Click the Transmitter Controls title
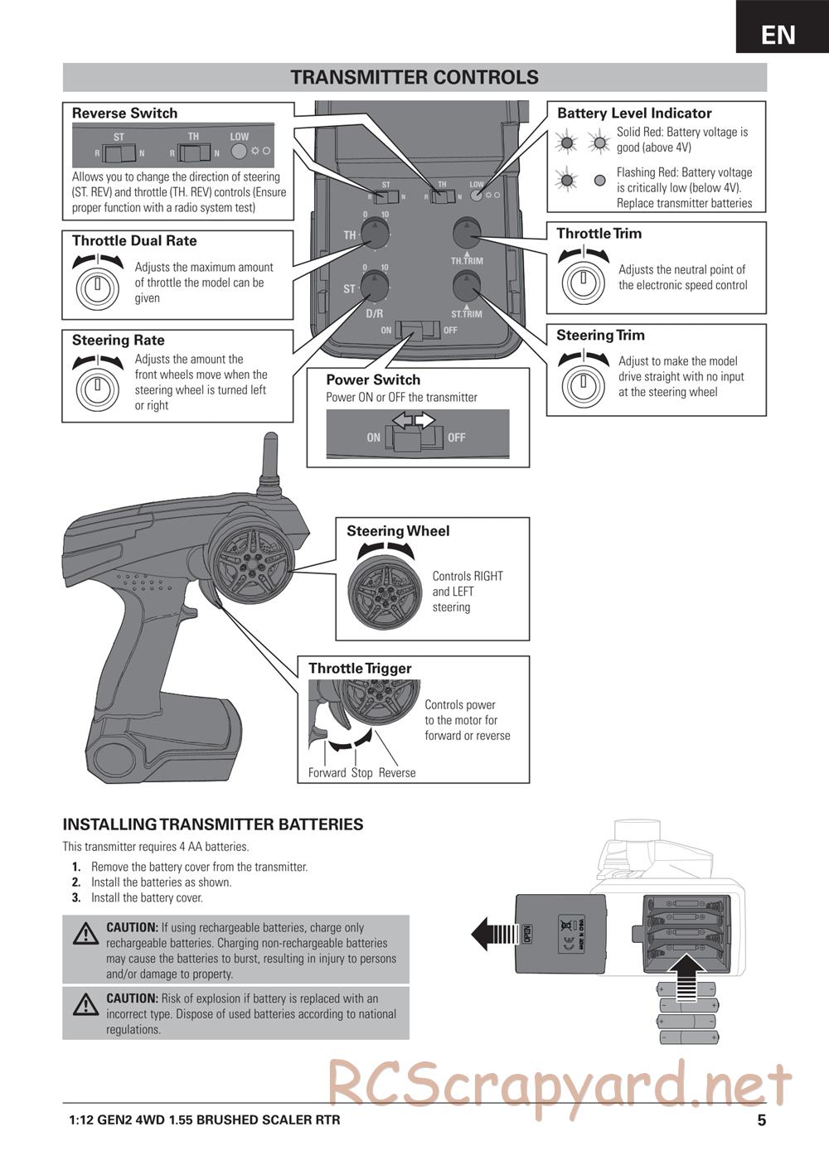[414, 77]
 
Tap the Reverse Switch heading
[124, 114]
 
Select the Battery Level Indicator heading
[634, 114]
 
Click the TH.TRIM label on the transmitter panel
[467, 261]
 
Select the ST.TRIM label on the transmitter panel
[467, 314]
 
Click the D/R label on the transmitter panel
[375, 314]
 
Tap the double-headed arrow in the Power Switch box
[414, 421]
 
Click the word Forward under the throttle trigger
[327, 773]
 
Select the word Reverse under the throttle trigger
[397, 773]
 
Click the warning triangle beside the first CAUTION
[85, 934]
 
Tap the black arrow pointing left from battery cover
[492, 934]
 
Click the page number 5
[761, 1120]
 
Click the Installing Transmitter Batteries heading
[213, 824]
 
